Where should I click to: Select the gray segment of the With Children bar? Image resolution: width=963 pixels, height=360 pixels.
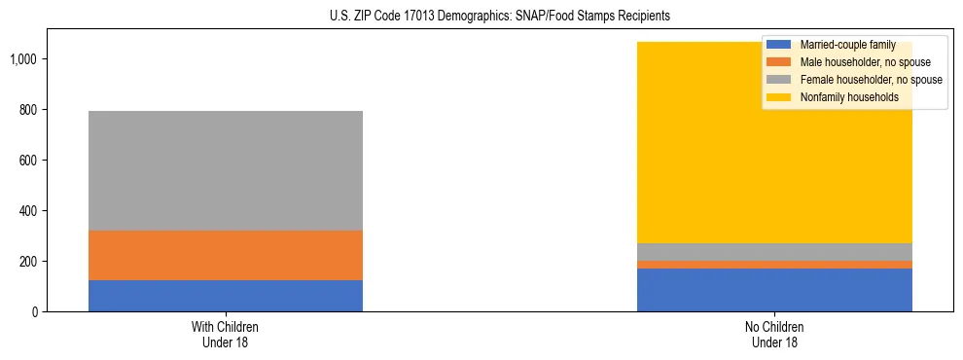pos(225,170)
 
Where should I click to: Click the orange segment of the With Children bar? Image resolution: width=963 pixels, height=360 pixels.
pos(225,255)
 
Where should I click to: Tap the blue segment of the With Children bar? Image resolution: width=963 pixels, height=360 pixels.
pos(225,296)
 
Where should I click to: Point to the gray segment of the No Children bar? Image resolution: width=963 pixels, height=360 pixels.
pos(774,252)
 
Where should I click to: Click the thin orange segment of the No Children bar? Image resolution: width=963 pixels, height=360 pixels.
pos(774,265)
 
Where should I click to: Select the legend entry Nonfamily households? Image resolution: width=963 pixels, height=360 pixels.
pos(842,97)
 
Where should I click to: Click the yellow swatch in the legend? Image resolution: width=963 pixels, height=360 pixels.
pos(779,97)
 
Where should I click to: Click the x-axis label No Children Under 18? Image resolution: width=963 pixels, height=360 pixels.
pos(774,334)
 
